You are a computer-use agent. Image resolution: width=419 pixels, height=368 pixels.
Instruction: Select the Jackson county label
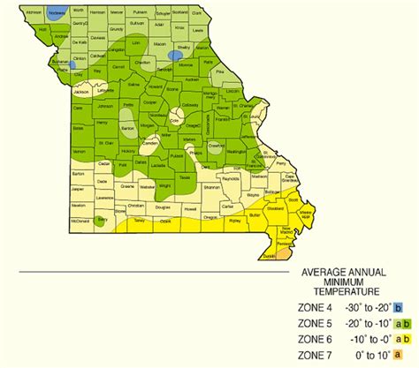click(x=81, y=92)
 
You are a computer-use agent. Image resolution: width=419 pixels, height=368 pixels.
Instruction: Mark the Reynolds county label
click(x=232, y=178)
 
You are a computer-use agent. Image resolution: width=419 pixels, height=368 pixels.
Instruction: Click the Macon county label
click(x=159, y=42)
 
